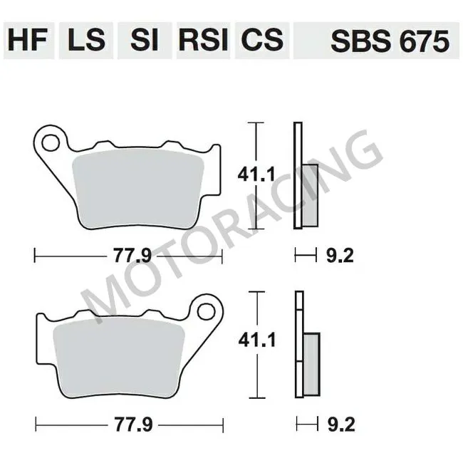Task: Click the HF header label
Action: coord(28,41)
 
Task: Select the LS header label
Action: coord(86,41)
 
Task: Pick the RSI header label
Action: coord(203,41)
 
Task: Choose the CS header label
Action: coord(261,41)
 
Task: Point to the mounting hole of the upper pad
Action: coord(51,143)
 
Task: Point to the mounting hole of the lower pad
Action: coord(207,311)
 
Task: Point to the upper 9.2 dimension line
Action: coord(306,254)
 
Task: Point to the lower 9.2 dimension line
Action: coord(306,425)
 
